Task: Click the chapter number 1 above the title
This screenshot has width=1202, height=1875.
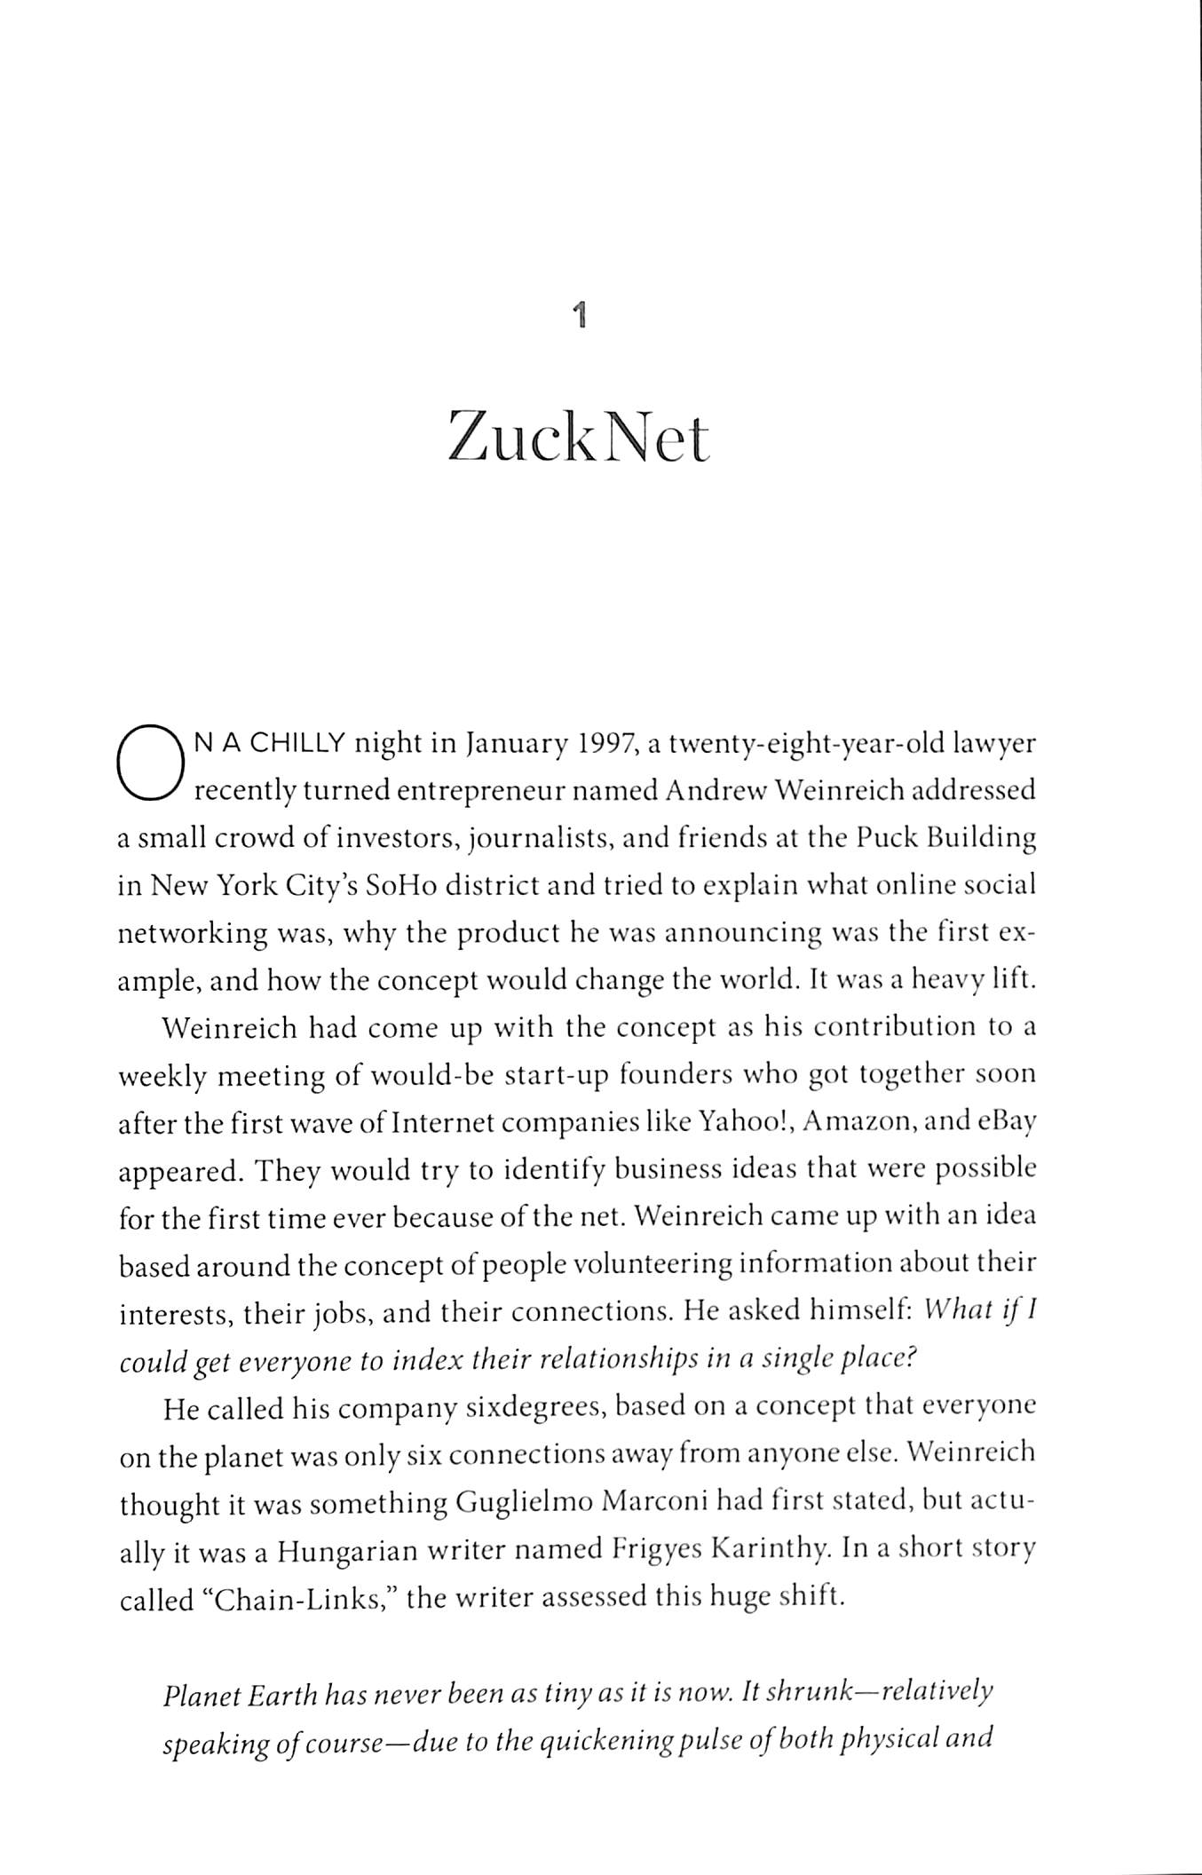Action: [x=580, y=315]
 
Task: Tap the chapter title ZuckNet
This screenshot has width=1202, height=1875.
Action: [x=579, y=437]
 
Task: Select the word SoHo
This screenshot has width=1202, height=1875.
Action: [x=401, y=886]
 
